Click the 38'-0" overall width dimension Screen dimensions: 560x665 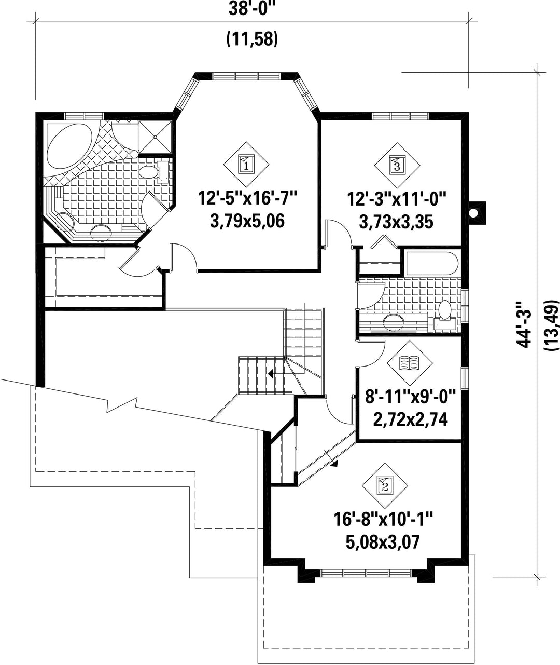pyautogui.click(x=251, y=9)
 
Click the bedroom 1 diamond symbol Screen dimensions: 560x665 pyautogui.click(x=246, y=165)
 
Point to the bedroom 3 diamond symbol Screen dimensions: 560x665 pyautogui.click(x=397, y=165)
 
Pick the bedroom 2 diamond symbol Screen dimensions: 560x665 pyautogui.click(x=385, y=486)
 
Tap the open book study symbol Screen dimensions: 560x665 pyautogui.click(x=410, y=363)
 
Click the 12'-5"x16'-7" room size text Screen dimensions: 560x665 pyautogui.click(x=247, y=198)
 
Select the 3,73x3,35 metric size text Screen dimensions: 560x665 pyautogui.click(x=396, y=222)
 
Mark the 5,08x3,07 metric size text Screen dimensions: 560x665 pyautogui.click(x=382, y=542)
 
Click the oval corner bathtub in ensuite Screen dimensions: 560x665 pyautogui.click(x=69, y=145)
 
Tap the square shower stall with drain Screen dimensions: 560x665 pyautogui.click(x=155, y=137)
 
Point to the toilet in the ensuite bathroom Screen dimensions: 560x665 pyautogui.click(x=153, y=172)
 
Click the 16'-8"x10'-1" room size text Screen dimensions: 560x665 pyautogui.click(x=383, y=520)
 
